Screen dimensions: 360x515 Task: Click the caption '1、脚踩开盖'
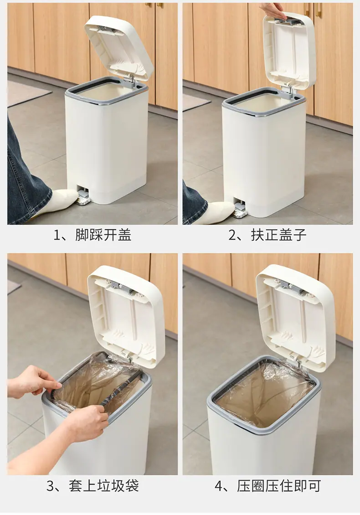[x=93, y=235]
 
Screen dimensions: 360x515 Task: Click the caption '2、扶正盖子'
[x=267, y=235]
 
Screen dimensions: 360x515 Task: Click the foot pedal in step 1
[x=82, y=198]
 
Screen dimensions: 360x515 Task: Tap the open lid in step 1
[x=119, y=48]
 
